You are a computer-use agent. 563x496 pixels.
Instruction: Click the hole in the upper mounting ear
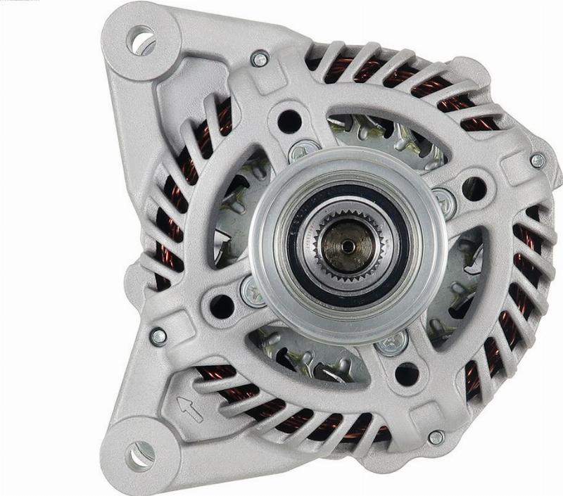[x=141, y=39]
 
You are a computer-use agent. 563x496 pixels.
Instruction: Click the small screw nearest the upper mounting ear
[x=260, y=59]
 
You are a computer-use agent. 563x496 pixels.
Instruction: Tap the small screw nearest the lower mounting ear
[x=159, y=337]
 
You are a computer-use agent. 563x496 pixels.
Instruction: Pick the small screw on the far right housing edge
[x=537, y=161]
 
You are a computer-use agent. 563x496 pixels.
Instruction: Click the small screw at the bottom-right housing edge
[x=436, y=437]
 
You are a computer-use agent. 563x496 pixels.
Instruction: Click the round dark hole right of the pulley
[x=474, y=189]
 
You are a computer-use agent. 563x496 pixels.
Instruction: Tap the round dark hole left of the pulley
[x=222, y=305]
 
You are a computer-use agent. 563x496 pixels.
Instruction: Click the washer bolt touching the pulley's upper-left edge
[x=303, y=151]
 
